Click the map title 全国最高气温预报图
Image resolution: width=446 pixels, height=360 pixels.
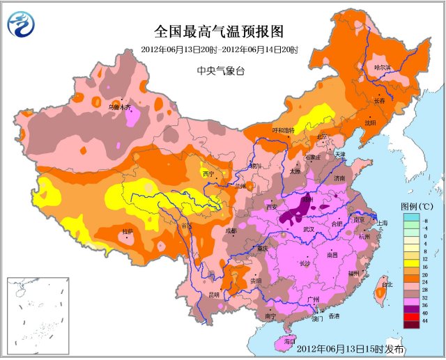pyautogui.click(x=220, y=32)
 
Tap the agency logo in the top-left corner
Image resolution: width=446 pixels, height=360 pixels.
pyautogui.click(x=22, y=24)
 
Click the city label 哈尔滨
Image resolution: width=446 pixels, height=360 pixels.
pyautogui.click(x=383, y=68)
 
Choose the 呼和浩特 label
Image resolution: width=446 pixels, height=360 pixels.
pyautogui.click(x=283, y=130)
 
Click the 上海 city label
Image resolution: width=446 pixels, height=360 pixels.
pyautogui.click(x=382, y=222)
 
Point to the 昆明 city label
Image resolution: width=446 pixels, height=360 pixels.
pyautogui.click(x=213, y=295)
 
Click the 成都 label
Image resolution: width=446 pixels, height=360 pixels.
pyautogui.click(x=231, y=230)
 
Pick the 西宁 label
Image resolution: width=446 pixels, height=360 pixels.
pyautogui.click(x=208, y=173)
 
